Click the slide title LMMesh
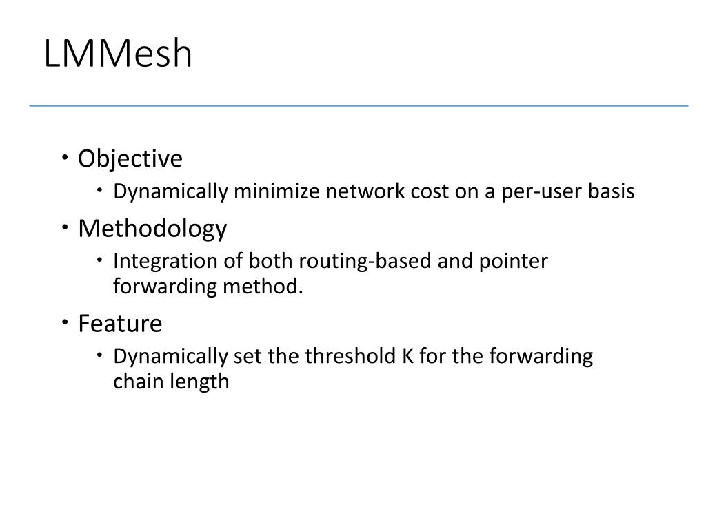[118, 54]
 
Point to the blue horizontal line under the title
[359, 106]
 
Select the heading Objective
[130, 158]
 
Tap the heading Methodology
[152, 228]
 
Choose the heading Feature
[120, 323]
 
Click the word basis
[612, 191]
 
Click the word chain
[132, 382]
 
